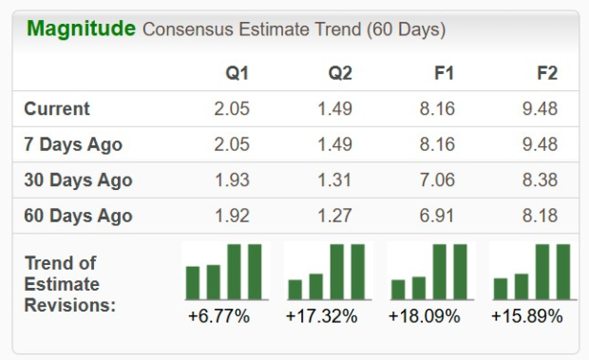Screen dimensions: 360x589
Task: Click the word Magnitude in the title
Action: tap(81, 28)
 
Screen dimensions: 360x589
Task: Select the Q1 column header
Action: tap(237, 73)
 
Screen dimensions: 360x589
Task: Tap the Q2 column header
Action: tap(339, 73)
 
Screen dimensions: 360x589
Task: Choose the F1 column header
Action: tap(443, 73)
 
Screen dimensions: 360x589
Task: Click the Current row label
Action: tap(57, 109)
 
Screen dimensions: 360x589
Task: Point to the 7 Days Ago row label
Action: tap(73, 145)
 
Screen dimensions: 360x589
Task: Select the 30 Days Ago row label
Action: tap(78, 180)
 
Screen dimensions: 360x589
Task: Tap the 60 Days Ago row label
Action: tap(78, 216)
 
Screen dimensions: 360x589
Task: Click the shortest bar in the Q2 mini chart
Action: tap(295, 289)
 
